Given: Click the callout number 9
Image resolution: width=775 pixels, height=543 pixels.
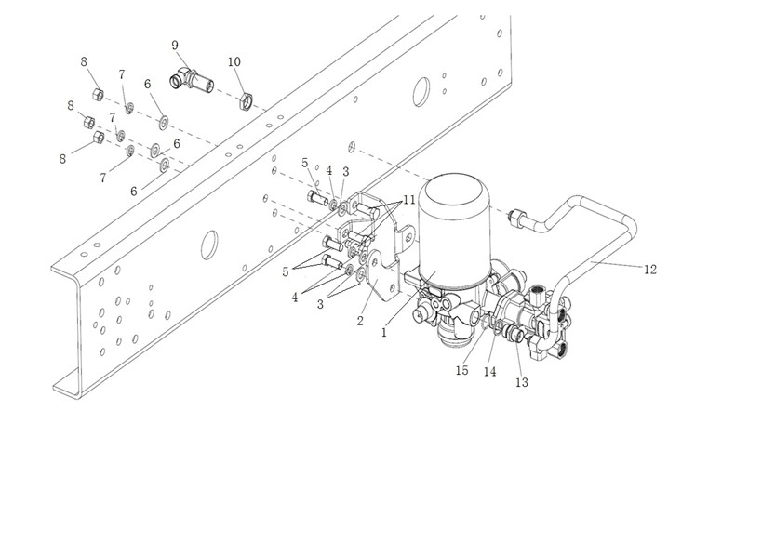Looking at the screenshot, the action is coord(175,46).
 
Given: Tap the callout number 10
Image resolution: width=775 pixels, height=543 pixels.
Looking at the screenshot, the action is coord(234,61).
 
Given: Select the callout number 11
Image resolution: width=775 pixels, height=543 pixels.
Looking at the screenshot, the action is coord(409,200).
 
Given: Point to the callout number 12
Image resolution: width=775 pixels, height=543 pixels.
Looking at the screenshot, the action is coord(650,270).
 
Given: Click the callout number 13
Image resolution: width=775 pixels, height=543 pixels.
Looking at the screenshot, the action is coord(522,382).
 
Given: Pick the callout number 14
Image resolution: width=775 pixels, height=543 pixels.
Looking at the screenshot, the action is coord(489,372).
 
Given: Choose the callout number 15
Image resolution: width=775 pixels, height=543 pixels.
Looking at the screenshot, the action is coord(461,371).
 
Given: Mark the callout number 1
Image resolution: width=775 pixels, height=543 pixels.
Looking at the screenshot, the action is coord(384,333).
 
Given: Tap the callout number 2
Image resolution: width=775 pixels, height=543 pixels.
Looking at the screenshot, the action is coord(360,321).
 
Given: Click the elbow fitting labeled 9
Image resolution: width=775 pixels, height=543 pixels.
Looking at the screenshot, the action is coord(192,80).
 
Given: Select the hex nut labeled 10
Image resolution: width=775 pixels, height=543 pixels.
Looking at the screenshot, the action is coord(245,100).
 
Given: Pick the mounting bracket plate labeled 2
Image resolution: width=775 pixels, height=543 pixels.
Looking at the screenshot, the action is coord(380,277).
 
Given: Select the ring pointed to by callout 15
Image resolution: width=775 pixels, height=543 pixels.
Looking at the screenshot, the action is coord(487,324).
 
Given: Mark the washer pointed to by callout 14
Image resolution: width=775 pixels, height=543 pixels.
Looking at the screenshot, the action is coord(497,328).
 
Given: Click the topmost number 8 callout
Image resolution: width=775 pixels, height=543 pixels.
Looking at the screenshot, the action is coord(84,61).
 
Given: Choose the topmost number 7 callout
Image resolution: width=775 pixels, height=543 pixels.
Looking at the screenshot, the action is coord(122,74).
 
